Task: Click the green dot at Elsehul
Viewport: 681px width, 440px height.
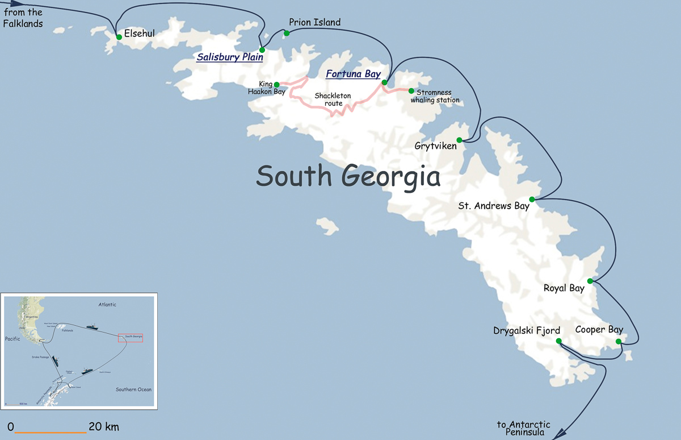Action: coord(119,37)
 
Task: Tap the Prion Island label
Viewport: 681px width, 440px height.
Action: coord(314,22)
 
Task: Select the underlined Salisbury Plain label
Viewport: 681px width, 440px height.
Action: coord(230,57)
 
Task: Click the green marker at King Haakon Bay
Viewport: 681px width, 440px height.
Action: coord(276,85)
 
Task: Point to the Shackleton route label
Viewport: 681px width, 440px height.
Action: coord(333,99)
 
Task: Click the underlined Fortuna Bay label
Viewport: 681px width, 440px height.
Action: coord(353,74)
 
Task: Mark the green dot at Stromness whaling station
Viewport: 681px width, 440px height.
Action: coord(411,91)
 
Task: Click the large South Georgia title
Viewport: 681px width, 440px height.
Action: coord(348,176)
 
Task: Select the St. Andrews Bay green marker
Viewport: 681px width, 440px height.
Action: coord(532,200)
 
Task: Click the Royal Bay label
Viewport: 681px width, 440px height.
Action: coord(564,288)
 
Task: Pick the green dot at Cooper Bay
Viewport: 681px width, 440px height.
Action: coord(619,341)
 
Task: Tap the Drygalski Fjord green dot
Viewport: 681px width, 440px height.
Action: coord(558,341)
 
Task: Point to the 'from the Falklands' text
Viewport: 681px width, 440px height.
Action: coord(23,18)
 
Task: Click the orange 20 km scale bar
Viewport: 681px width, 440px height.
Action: coord(51,433)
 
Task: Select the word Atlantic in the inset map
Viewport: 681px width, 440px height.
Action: coord(107,305)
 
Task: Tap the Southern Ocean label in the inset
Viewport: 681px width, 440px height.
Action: coord(133,389)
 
